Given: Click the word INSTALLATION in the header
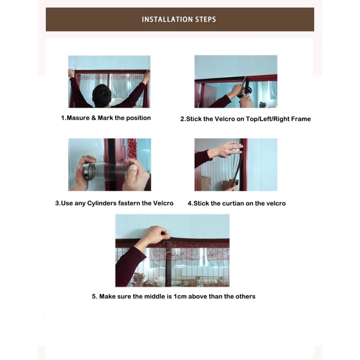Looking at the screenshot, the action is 168,19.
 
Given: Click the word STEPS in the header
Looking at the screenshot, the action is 206,19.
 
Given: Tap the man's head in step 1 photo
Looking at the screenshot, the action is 102,95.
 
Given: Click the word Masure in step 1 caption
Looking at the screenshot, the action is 78,118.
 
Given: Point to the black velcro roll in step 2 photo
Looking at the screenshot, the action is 246,88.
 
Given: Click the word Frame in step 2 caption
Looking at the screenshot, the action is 301,119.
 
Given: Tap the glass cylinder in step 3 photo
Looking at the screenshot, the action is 106,171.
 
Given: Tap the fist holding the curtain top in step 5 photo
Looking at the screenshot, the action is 157,234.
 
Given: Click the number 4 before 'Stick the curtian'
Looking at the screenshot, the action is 190,204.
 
